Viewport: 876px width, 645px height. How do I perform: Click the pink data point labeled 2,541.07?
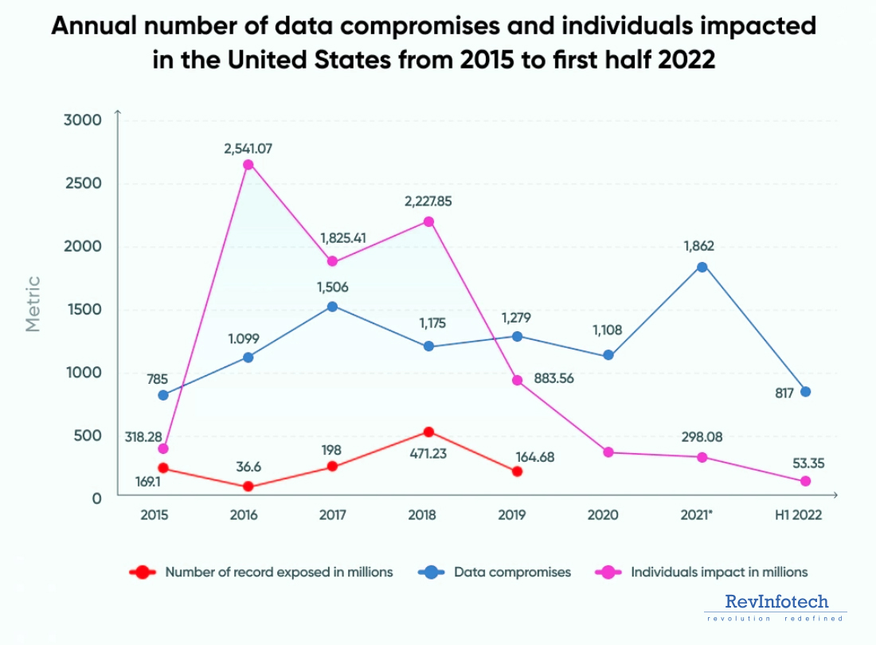pos(248,165)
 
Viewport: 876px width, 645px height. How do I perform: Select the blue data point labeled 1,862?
pos(702,267)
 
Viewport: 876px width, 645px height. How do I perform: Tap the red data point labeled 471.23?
pos(428,432)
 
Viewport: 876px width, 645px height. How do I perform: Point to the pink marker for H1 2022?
pos(805,481)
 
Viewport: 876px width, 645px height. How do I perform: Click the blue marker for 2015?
pos(163,395)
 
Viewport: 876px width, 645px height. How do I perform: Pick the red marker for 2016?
pos(248,487)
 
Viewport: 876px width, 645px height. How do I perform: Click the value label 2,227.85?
pos(428,201)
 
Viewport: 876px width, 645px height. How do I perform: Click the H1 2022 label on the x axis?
pos(800,515)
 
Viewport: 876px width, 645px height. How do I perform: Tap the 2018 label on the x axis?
pos(421,515)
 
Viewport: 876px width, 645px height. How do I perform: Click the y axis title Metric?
pos(33,303)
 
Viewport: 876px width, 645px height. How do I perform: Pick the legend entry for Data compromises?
pos(512,572)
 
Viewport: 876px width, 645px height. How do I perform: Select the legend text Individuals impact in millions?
pos(719,572)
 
